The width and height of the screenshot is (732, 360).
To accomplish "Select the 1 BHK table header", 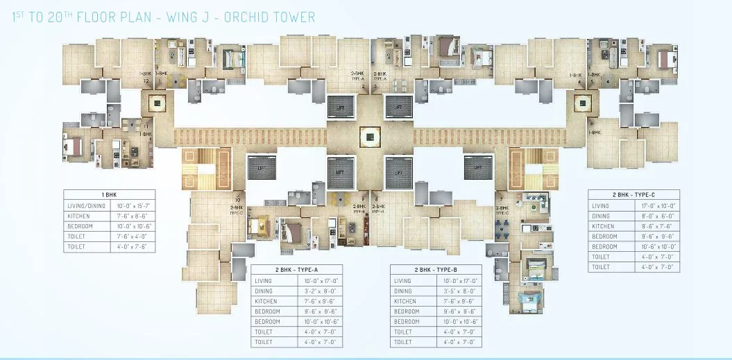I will [109, 196].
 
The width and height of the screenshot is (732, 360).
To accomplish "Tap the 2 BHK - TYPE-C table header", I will [633, 196].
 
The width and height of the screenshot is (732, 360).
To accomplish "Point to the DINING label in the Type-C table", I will [602, 216].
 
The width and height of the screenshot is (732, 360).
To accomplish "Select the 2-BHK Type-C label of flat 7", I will [502, 210].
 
